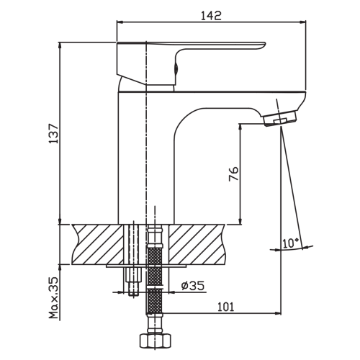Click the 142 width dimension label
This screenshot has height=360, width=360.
(211, 15)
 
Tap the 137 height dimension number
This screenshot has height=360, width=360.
(54, 134)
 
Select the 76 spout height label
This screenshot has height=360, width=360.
(233, 174)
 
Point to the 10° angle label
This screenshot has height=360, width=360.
(291, 243)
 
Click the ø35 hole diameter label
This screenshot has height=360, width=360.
(193, 286)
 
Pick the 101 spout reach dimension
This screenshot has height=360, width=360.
(225, 307)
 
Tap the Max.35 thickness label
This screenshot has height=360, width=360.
(54, 297)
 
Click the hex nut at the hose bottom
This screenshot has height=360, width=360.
(156, 341)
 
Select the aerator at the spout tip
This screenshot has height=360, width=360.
(280, 118)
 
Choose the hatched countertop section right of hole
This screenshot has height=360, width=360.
(197, 244)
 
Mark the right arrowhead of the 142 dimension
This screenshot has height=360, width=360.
(304, 22)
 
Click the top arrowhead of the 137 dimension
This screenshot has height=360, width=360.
(60, 45)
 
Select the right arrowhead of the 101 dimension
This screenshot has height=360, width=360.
(278, 313)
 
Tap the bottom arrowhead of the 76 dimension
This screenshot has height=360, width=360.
(240, 221)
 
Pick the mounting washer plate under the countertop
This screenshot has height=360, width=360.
(146, 266)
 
